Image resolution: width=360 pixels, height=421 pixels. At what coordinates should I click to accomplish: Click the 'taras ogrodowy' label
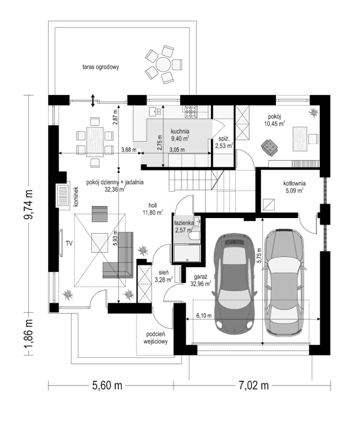point(101,68)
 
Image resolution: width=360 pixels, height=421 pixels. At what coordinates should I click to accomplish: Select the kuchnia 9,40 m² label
point(180,135)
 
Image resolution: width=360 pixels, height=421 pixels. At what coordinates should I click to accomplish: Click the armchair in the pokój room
point(268,145)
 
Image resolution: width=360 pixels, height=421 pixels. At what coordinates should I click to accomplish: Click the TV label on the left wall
point(69,243)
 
